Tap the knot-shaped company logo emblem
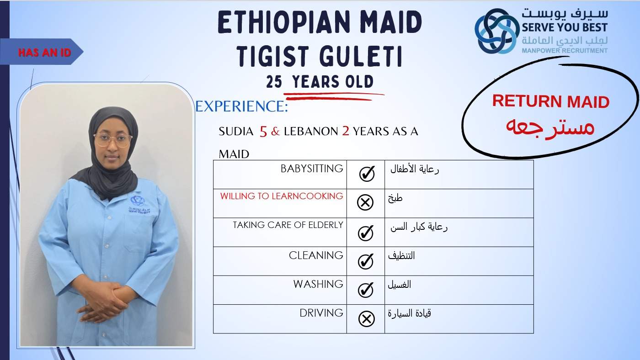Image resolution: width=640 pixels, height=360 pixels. click(x=497, y=31)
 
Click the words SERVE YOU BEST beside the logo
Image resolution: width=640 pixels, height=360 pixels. click(x=565, y=27)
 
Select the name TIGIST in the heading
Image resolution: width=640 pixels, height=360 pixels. click(x=273, y=56)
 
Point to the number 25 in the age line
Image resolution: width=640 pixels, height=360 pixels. click(x=274, y=82)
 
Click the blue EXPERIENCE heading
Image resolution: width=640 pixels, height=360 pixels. click(x=241, y=106)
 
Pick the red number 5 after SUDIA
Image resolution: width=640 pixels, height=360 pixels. click(x=263, y=131)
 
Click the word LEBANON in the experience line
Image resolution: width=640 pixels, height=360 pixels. click(x=311, y=132)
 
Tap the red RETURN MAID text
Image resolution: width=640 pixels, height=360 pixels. click(x=551, y=101)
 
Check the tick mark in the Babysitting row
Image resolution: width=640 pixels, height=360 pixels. click(x=367, y=173)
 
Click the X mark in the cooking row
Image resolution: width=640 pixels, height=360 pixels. click(x=365, y=203)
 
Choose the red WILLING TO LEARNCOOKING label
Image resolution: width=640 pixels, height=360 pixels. click(x=282, y=196)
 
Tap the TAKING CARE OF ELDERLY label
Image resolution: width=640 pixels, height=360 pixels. click(x=288, y=225)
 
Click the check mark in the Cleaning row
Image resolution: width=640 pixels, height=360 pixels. click(x=366, y=261)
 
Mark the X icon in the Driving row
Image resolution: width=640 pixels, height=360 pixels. click(x=367, y=318)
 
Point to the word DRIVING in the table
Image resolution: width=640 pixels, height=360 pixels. click(x=321, y=313)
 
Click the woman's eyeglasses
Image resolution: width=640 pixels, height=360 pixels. click(x=113, y=140)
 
